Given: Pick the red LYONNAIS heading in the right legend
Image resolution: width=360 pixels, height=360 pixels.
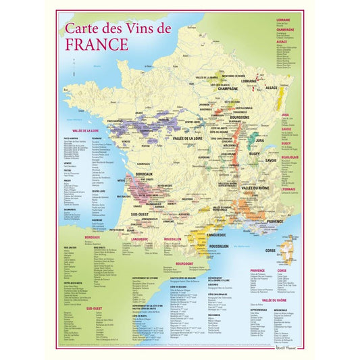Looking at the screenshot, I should (x=288, y=189).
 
